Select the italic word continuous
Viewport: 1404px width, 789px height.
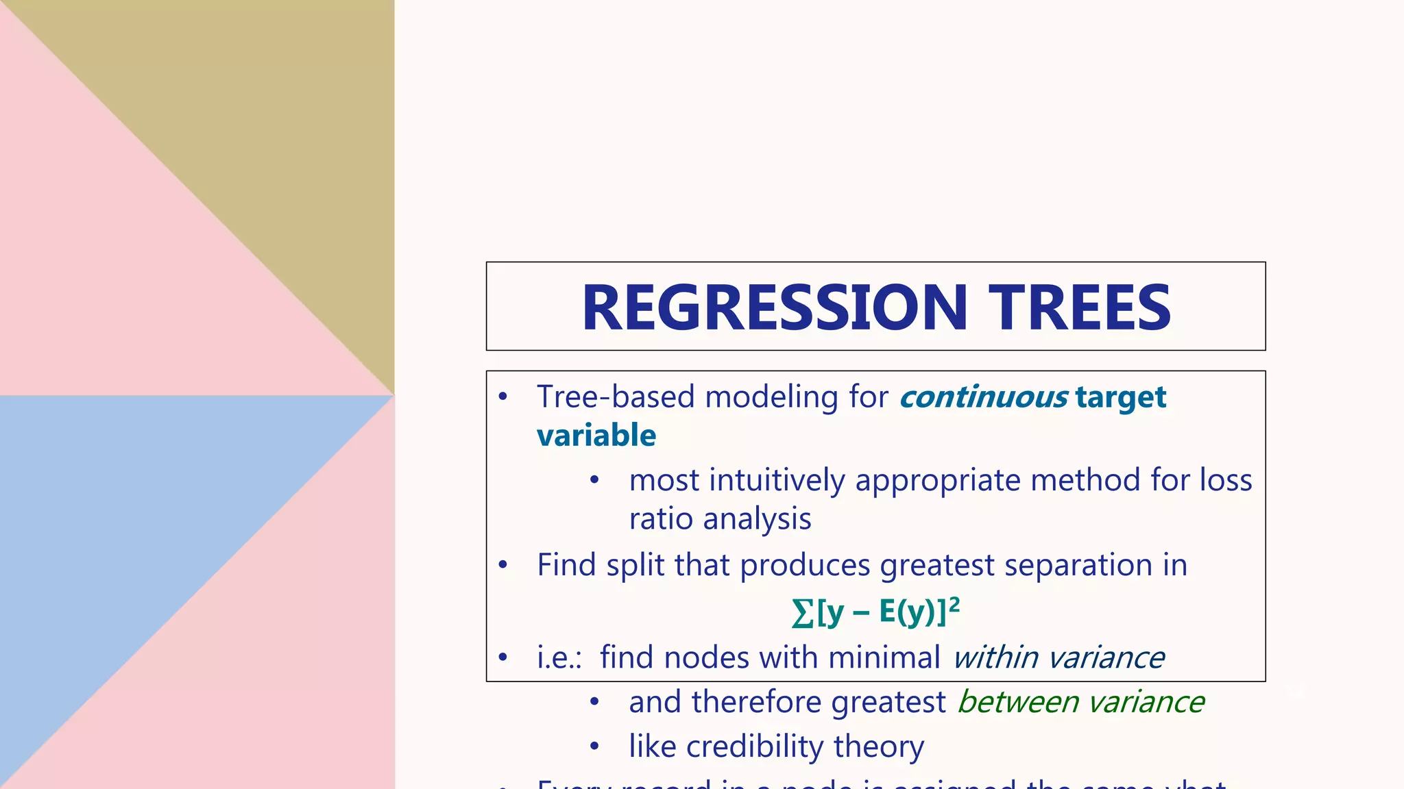pos(983,397)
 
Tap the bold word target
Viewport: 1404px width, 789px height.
pos(1121,397)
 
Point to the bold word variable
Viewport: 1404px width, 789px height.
pos(596,436)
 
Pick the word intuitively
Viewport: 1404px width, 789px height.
pos(777,480)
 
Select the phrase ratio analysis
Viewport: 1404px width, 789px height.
pos(720,519)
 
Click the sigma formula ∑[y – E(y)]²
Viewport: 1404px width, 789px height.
pos(874,612)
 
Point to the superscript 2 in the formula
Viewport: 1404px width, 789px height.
pos(954,603)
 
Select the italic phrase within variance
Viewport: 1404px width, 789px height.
pos(1058,657)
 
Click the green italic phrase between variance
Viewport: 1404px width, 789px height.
pos(1080,702)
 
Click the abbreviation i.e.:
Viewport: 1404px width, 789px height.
pos(559,657)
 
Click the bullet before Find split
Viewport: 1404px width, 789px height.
pos(503,565)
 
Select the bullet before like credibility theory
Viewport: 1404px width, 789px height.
pos(594,746)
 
